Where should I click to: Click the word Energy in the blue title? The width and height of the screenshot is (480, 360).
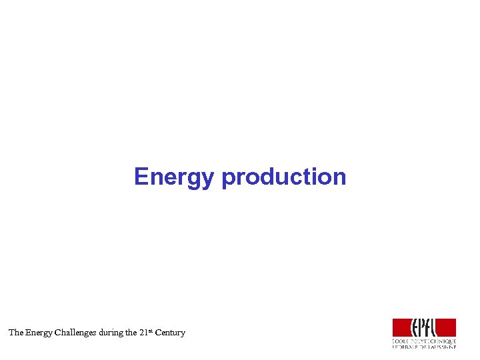click(175, 177)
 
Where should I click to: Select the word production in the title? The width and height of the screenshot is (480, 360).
click(284, 177)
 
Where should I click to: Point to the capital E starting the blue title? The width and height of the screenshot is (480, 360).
click(141, 177)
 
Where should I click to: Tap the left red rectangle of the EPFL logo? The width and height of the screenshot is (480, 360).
click(402, 327)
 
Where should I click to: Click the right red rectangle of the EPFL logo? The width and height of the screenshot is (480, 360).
click(446, 327)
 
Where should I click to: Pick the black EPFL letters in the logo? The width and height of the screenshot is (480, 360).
click(424, 327)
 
